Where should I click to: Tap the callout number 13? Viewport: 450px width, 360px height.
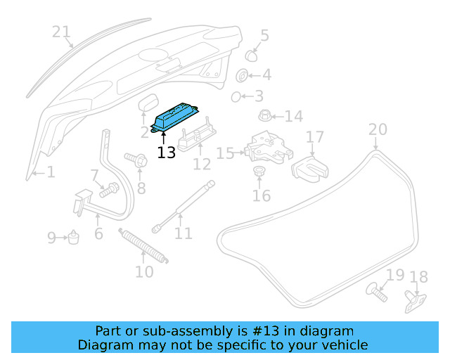click(167, 152)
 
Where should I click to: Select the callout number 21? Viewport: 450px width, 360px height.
click(62, 32)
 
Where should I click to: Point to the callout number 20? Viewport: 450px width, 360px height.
click(378, 129)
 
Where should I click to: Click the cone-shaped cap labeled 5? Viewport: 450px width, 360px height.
click(252, 55)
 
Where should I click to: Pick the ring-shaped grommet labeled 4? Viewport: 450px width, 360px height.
click(241, 75)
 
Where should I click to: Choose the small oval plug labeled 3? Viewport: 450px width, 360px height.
click(237, 96)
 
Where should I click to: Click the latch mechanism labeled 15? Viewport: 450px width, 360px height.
click(266, 146)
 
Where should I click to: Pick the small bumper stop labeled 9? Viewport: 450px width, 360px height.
click(72, 238)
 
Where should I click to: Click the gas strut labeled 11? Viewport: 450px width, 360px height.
click(181, 205)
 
